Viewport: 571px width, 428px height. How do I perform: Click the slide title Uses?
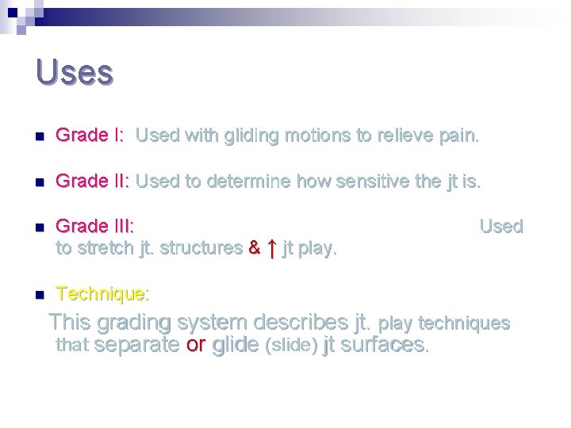(x=75, y=72)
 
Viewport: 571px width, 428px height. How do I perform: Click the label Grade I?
(x=90, y=136)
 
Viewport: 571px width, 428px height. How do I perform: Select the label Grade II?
(x=93, y=182)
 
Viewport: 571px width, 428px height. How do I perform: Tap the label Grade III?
(x=95, y=227)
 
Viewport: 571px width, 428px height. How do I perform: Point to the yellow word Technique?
(x=102, y=294)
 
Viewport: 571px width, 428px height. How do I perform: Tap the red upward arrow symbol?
(x=271, y=248)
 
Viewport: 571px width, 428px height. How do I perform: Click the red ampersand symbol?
(x=254, y=248)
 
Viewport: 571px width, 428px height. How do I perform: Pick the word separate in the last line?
(x=136, y=345)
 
